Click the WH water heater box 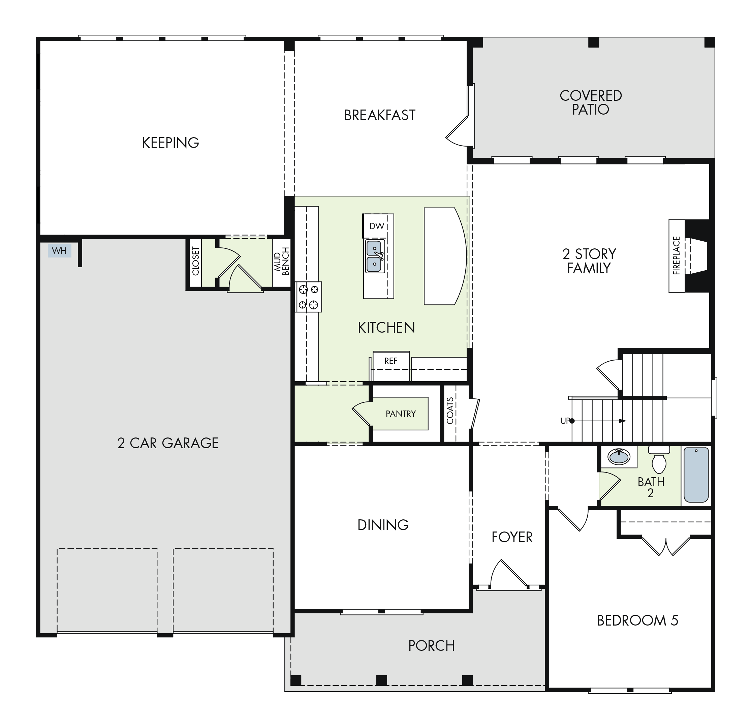tap(59, 251)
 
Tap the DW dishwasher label tap(377, 226)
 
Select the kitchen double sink tap(375, 256)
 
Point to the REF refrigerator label tap(391, 361)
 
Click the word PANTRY tap(401, 414)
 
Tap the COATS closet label tap(450, 411)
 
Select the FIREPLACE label tap(676, 255)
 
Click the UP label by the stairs tap(565, 421)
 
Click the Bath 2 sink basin tap(619, 457)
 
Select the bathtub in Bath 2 tap(696, 475)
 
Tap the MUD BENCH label tap(282, 262)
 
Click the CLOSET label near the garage tap(196, 261)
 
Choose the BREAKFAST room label tap(380, 115)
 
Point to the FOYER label tap(512, 538)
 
